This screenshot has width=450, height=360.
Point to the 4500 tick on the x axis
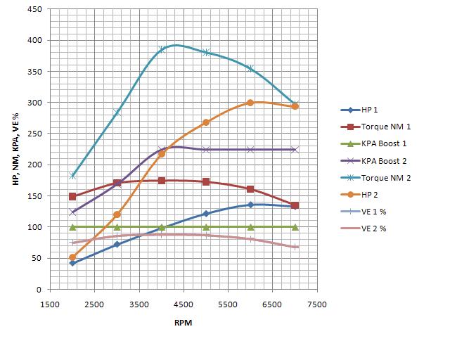pyautogui.click(x=184, y=304)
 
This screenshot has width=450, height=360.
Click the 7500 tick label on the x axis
pyautogui.click(x=317, y=304)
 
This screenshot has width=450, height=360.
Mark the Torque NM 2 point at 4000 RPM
pyautogui.click(x=162, y=50)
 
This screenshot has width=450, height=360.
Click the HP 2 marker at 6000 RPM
pyautogui.click(x=250, y=103)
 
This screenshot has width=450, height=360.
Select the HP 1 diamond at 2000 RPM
pyautogui.click(x=72, y=263)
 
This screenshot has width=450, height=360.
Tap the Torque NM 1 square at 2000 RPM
pyautogui.click(x=72, y=196)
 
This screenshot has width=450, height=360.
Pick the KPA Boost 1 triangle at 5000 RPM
pyautogui.click(x=206, y=227)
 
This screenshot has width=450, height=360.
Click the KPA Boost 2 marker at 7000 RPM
pyautogui.click(x=295, y=150)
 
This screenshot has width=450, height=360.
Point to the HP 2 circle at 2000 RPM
pyautogui.click(x=72, y=257)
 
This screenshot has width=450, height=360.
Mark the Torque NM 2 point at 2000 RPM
pyautogui.click(x=72, y=176)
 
